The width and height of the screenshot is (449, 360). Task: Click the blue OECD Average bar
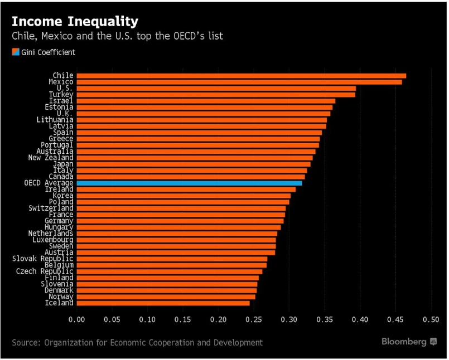point(189,183)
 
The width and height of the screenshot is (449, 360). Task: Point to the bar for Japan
point(193,164)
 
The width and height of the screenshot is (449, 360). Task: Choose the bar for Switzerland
point(181,208)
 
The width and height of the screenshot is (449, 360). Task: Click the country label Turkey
point(61,95)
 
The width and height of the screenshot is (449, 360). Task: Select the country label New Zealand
point(51,158)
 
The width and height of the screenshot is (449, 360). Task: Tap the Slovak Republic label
point(43,259)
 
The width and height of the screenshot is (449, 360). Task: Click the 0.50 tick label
point(431,320)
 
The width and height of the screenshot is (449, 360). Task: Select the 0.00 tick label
point(76,320)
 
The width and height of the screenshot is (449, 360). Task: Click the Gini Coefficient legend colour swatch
point(15,52)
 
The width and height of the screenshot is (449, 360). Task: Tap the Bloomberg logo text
point(404,342)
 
